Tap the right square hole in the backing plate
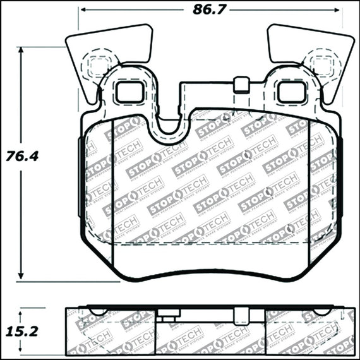[x=291, y=92]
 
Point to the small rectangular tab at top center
[x=239, y=83]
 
